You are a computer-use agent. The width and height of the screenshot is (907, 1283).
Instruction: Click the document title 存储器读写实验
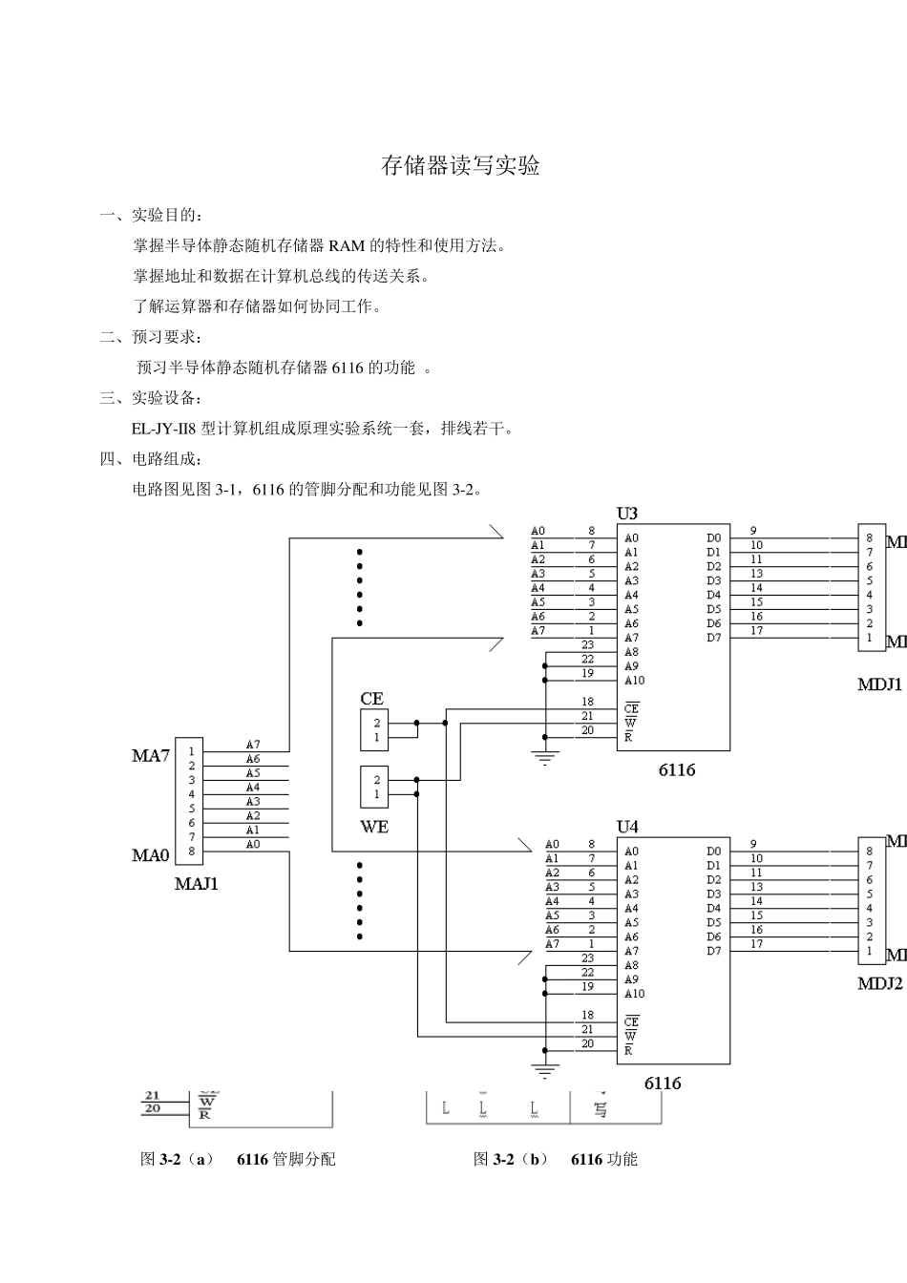[460, 165]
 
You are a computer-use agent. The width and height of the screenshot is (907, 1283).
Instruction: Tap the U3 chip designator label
[626, 514]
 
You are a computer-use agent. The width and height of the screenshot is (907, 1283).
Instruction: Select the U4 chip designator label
[626, 827]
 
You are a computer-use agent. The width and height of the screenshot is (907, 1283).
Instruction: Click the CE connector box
[375, 730]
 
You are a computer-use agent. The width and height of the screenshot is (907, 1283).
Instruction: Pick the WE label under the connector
[374, 827]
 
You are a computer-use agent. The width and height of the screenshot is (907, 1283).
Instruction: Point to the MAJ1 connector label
[197, 884]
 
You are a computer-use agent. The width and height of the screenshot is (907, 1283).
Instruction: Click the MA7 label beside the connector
[150, 756]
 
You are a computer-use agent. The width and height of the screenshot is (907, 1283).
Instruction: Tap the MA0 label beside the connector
[150, 855]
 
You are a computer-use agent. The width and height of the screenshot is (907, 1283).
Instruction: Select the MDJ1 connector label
[879, 684]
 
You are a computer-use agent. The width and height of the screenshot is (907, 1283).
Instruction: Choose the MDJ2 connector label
[879, 984]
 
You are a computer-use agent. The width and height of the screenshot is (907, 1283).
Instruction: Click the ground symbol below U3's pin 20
[545, 760]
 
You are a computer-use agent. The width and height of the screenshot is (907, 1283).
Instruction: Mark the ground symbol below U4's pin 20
[545, 1072]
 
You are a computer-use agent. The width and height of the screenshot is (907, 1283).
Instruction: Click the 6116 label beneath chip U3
[676, 770]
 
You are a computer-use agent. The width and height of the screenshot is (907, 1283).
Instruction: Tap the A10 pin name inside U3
[634, 681]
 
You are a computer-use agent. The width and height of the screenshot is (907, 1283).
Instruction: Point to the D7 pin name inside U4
[713, 951]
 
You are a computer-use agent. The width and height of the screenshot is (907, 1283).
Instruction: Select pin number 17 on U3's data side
[756, 630]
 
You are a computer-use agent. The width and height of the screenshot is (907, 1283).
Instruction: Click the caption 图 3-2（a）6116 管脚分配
[238, 1159]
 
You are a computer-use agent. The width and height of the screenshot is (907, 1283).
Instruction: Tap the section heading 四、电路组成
[151, 459]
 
